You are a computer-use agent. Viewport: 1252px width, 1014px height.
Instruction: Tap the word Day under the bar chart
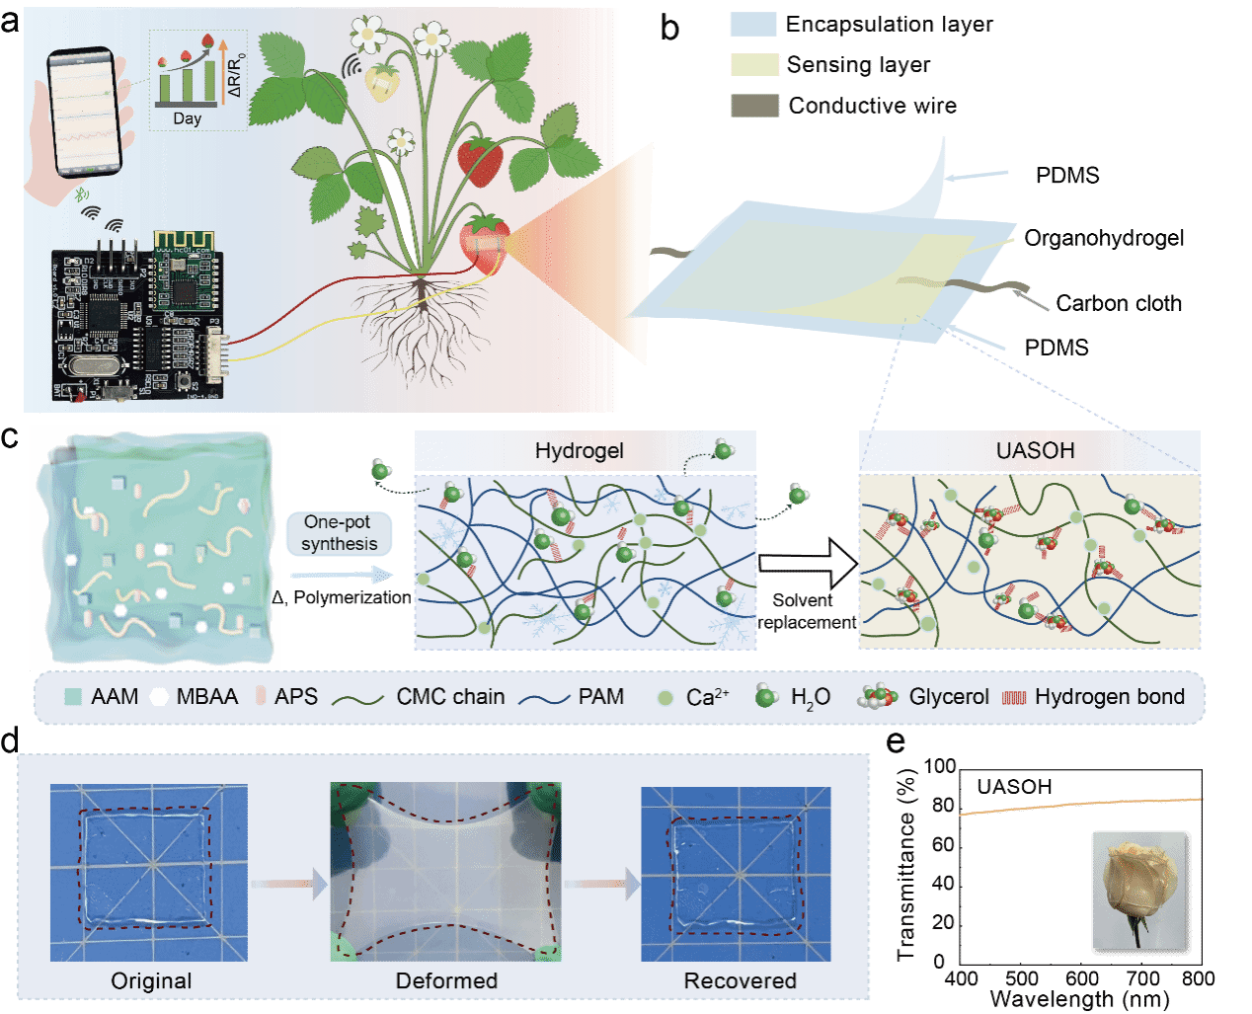pyautogui.click(x=187, y=118)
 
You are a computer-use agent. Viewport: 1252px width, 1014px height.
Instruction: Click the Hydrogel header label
pyautogui.click(x=580, y=451)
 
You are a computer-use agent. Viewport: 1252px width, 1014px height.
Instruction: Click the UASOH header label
pyautogui.click(x=1035, y=451)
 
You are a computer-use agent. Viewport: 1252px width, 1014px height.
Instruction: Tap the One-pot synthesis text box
pyautogui.click(x=339, y=533)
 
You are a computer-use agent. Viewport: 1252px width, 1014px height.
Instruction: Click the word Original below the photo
pyautogui.click(x=151, y=980)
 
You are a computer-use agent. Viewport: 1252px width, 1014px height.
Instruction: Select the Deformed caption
pyautogui.click(x=446, y=980)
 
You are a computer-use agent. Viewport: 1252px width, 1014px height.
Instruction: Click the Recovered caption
pyautogui.click(x=740, y=980)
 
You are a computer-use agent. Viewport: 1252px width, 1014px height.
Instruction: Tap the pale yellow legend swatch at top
pyautogui.click(x=754, y=65)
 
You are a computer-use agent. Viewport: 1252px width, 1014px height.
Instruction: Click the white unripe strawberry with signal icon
pyautogui.click(x=383, y=83)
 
